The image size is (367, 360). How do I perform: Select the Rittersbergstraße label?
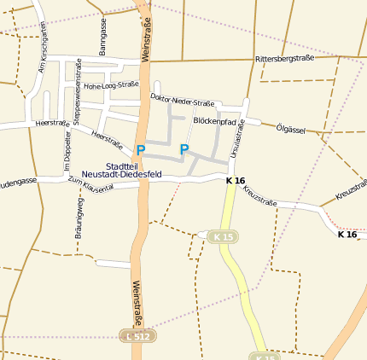(284, 59)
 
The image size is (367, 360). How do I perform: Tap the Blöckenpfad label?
(215, 121)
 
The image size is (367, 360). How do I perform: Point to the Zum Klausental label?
(91, 183)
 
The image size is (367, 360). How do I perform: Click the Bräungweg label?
(79, 216)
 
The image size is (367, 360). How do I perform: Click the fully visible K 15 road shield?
(224, 236)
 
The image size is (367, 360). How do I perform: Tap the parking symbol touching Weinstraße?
(141, 150)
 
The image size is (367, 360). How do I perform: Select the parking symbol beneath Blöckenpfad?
(183, 150)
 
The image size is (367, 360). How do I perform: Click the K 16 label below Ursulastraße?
(236, 181)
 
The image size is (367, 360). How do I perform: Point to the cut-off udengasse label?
(18, 182)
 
